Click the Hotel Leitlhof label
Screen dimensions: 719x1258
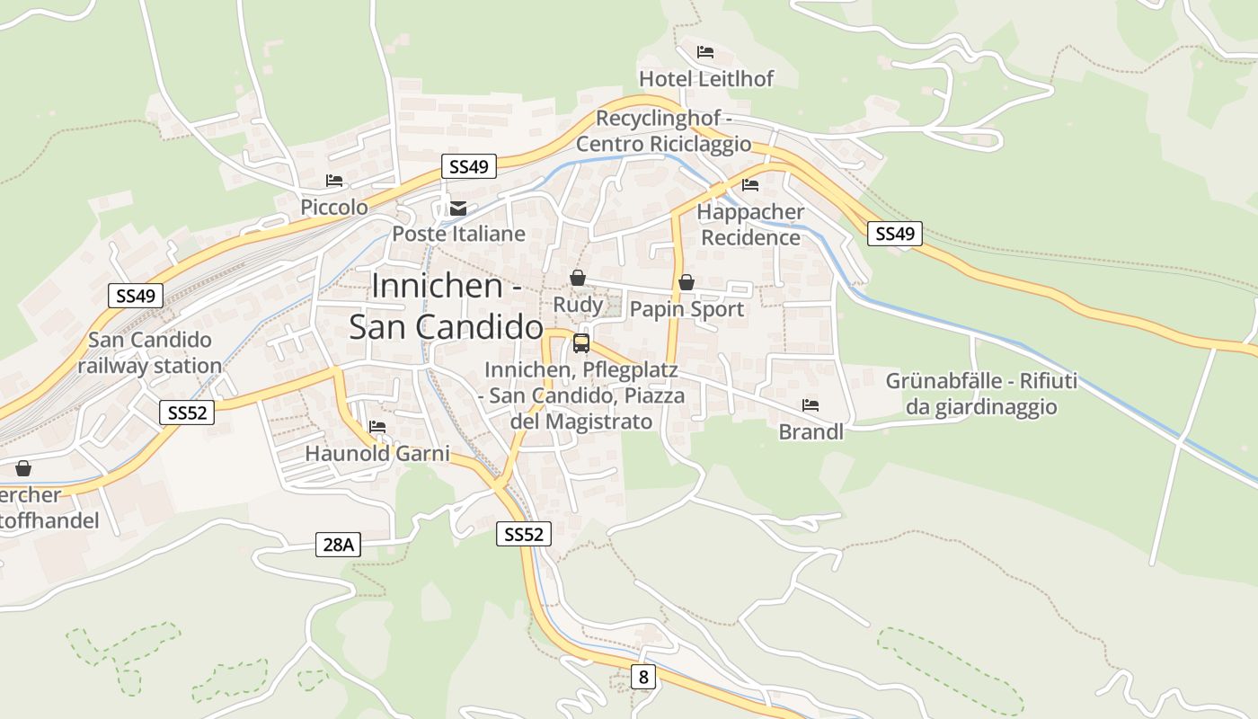point(705,79)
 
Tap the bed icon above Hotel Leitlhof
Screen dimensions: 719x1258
point(705,51)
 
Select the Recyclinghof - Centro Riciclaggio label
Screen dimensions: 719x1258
point(663,131)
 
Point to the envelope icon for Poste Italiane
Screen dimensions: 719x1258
point(458,209)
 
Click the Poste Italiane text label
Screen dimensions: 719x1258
point(458,235)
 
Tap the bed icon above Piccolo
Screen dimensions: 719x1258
point(334,181)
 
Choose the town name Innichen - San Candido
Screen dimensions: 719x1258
point(447,306)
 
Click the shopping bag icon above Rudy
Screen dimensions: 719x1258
point(578,279)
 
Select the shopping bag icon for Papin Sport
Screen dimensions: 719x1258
point(687,283)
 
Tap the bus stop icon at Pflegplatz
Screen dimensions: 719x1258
point(581,342)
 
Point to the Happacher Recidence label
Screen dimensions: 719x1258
point(750,225)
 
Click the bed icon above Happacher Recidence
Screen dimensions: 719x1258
point(750,185)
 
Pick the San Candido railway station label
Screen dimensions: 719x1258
point(150,352)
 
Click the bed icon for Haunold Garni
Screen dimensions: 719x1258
point(377,426)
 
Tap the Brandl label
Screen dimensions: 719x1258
point(811,432)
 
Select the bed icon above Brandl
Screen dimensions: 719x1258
point(811,405)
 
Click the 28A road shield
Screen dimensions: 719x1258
point(338,544)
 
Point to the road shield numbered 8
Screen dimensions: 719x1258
point(642,677)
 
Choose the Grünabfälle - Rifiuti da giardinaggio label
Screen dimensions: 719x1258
point(981,394)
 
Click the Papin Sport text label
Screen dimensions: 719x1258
point(687,310)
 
